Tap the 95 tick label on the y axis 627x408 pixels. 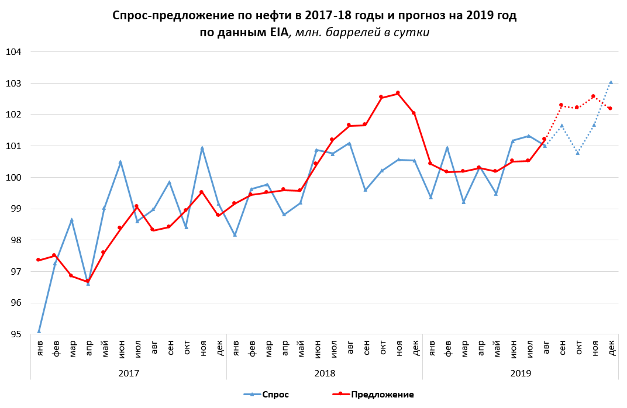[x=15, y=334]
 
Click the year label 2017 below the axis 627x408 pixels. [x=129, y=372]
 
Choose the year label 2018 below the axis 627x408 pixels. [x=325, y=372]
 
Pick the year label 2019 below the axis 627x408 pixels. [x=521, y=372]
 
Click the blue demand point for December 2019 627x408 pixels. [x=611, y=82]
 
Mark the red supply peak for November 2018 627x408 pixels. [x=398, y=93]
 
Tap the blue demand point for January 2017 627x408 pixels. [x=39, y=331]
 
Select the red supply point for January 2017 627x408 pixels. [x=39, y=260]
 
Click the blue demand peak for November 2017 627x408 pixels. [x=202, y=148]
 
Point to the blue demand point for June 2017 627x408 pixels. [x=120, y=162]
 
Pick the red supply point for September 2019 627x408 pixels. [x=561, y=105]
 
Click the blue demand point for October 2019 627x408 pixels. [x=578, y=153]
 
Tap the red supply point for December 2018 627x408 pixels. [x=414, y=113]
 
